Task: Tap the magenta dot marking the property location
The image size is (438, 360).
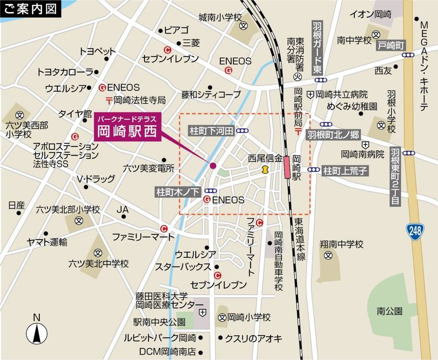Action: (213, 166)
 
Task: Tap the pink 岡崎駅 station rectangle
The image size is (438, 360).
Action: (288, 167)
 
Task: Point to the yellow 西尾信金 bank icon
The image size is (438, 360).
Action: (265, 170)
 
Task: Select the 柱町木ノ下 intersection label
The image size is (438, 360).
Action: (178, 191)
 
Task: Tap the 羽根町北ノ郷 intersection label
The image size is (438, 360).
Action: (332, 134)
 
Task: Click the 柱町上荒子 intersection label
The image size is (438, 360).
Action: (345, 170)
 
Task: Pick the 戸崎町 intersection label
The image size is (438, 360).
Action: (390, 45)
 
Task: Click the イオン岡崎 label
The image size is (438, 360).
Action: (370, 14)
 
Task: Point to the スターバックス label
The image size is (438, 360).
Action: (183, 266)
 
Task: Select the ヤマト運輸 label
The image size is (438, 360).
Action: (47, 242)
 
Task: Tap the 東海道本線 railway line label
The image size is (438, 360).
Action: (300, 239)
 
